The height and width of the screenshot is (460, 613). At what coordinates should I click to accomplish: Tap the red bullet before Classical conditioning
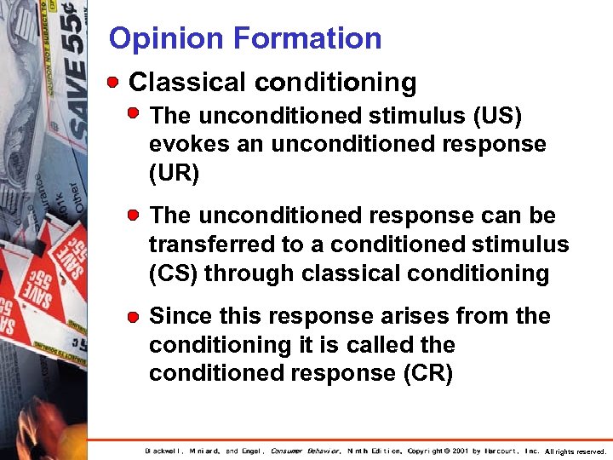[113, 83]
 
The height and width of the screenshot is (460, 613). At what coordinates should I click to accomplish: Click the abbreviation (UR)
[174, 174]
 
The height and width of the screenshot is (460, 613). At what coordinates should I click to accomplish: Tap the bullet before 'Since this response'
[135, 316]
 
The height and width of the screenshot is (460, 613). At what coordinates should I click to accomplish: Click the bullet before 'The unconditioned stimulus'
[135, 114]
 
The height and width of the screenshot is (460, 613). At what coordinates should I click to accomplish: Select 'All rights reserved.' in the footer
[576, 451]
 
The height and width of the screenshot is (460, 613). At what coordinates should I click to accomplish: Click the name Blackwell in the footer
[169, 451]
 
